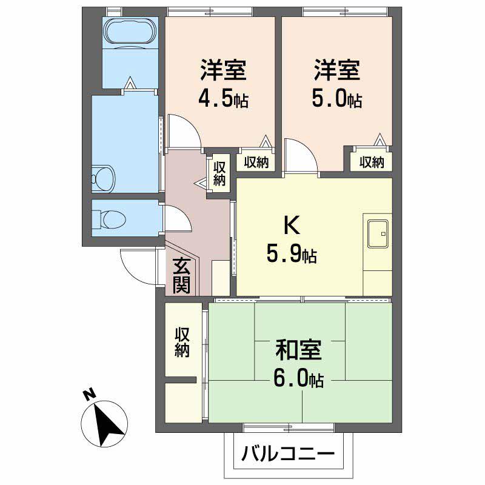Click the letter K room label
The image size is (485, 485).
[x=292, y=226]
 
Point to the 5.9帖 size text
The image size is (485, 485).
[x=292, y=255]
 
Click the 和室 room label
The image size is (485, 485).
[x=298, y=350]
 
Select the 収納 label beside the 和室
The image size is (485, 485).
[x=182, y=342]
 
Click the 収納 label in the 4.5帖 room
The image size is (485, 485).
[x=257, y=162]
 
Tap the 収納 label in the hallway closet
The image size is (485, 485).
[x=219, y=172]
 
